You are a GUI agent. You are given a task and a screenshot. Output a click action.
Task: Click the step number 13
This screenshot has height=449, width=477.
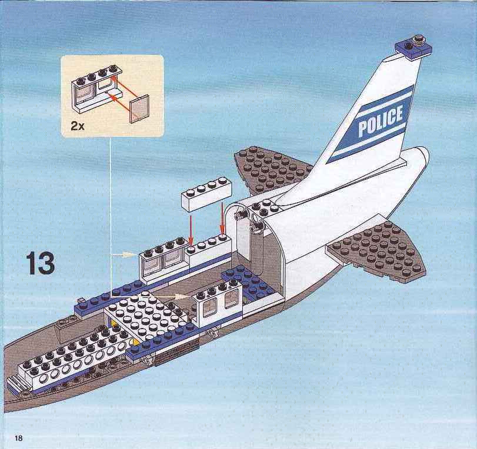[40, 263]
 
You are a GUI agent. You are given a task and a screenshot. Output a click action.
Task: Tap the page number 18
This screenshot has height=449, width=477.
[18, 438]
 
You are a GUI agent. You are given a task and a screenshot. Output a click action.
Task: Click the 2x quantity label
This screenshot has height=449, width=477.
[77, 126]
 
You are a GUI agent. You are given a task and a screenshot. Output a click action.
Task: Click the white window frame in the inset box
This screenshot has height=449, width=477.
[95, 88]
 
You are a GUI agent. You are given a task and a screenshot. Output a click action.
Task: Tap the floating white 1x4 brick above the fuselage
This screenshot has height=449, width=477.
[206, 193]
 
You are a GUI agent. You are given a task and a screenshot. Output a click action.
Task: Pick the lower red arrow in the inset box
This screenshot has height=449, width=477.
[121, 102]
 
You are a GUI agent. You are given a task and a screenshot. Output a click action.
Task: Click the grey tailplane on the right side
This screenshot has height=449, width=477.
[377, 251]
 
